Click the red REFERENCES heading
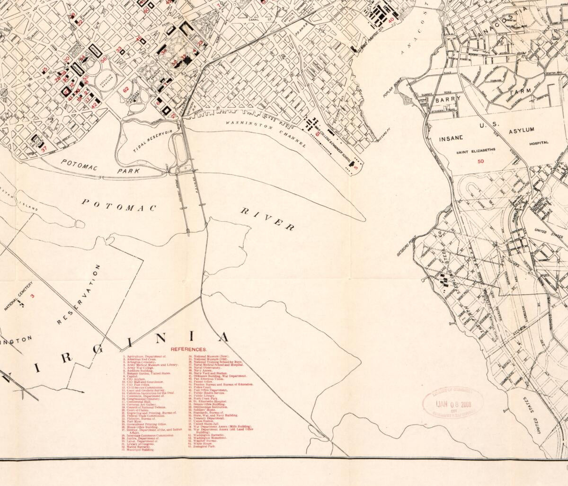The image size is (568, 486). coord(186,349)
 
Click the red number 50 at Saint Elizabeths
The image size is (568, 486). coord(481,161)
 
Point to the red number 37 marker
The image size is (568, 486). coord(44,148)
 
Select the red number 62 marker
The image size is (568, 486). coord(126,88)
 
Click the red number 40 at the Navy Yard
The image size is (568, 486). coord(391,20)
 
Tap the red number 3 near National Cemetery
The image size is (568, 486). coord(33,296)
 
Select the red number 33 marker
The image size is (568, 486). coord(119,48)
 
